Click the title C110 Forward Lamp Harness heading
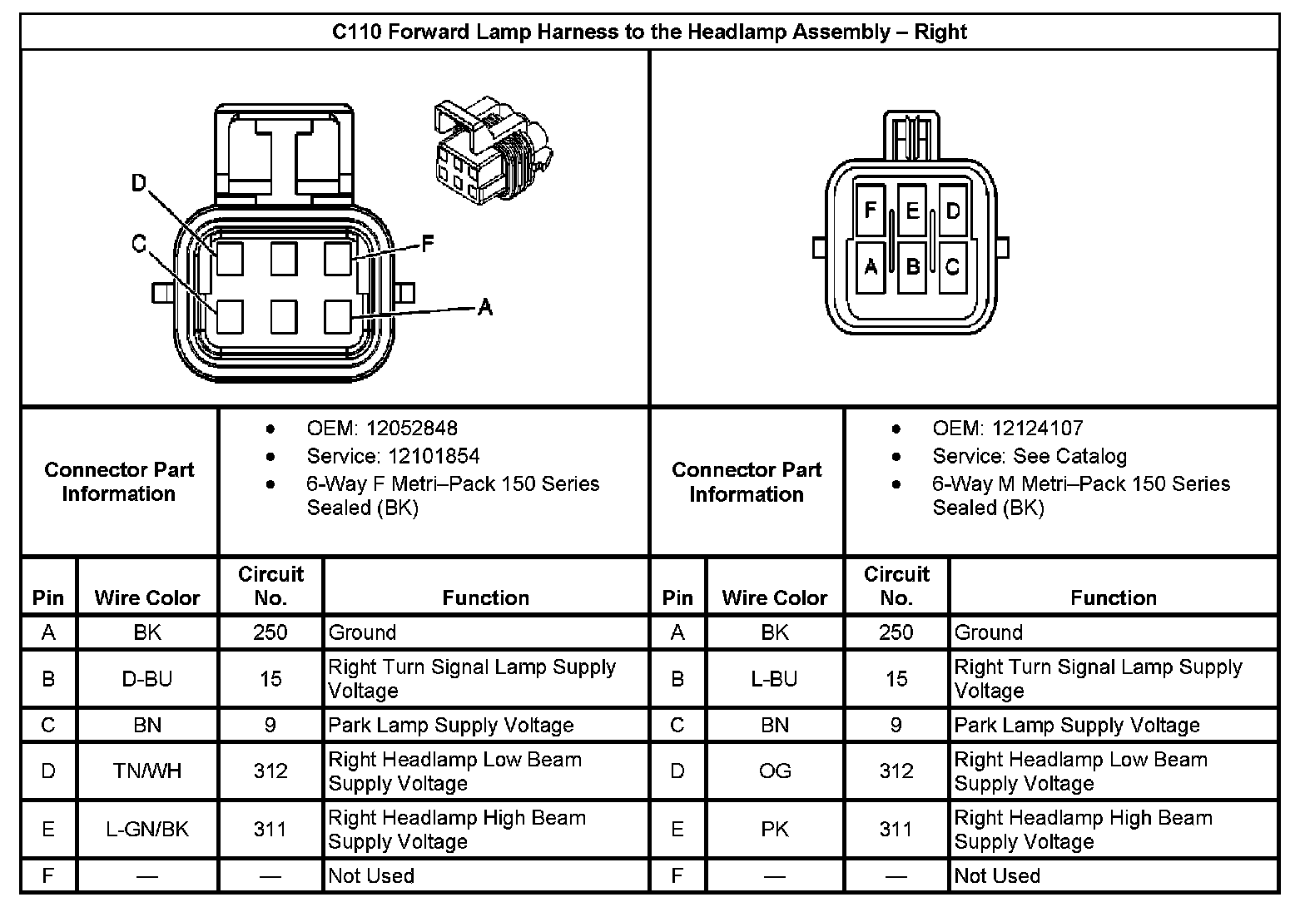(649, 32)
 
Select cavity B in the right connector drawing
(912, 266)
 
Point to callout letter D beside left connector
(139, 182)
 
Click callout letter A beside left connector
(485, 308)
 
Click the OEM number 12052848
(413, 429)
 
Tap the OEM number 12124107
(1039, 429)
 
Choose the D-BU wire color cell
(147, 679)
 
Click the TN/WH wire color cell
(147, 771)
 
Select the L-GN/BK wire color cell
(147, 830)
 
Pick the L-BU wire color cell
(774, 679)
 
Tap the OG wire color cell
(774, 771)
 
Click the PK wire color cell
(774, 830)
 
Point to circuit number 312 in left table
(270, 771)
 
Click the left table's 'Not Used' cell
(371, 876)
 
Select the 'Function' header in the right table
(1113, 597)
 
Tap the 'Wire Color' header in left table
(147, 597)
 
